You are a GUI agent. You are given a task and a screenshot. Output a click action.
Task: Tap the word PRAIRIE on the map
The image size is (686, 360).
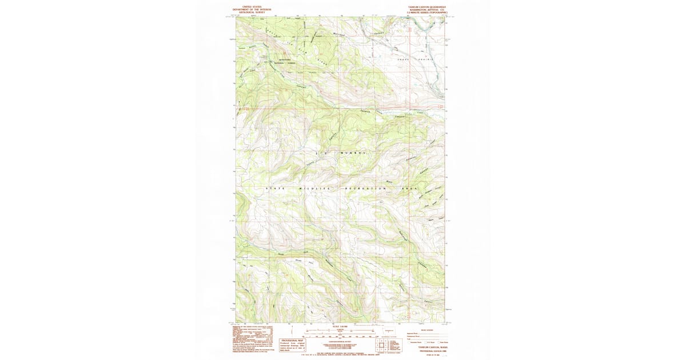point(426,59)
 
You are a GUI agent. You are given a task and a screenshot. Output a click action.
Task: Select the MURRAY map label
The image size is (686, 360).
point(352,153)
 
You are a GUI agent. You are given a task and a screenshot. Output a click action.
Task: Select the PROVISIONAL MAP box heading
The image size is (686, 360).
point(292,340)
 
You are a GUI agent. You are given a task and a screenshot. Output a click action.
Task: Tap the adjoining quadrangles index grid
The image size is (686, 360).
point(381,346)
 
